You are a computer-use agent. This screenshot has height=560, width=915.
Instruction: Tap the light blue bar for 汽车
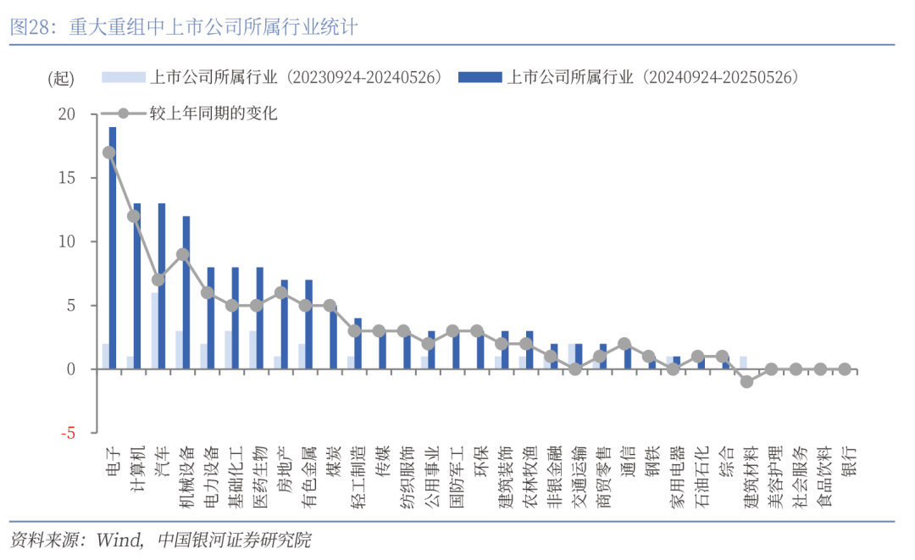point(154,331)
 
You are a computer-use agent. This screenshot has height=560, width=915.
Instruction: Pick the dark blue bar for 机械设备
point(186,292)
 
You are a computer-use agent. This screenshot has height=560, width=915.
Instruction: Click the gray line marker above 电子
point(109,152)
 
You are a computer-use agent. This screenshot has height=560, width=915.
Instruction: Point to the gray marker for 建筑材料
point(746,381)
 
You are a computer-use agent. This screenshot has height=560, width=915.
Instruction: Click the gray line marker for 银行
point(845,369)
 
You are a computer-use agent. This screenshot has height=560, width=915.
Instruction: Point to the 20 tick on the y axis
point(67,114)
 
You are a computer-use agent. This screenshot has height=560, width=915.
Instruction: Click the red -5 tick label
point(68,433)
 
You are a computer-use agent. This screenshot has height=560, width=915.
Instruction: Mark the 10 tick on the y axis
point(67,241)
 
